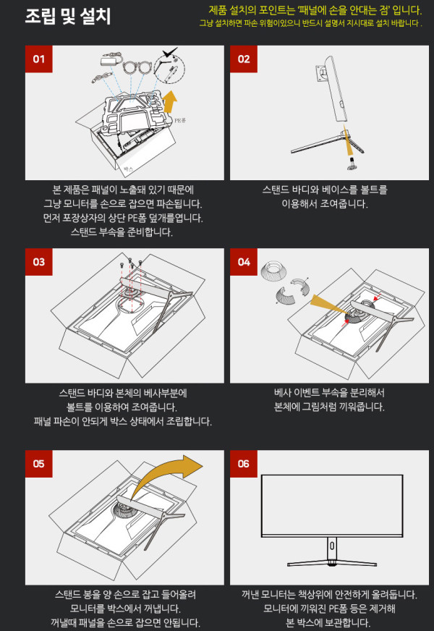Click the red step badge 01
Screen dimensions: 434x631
pyautogui.click(x=38, y=59)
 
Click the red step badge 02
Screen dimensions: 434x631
pyautogui.click(x=244, y=59)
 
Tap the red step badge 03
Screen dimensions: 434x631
pyautogui.click(x=38, y=262)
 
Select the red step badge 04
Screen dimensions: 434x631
pyautogui.click(x=244, y=262)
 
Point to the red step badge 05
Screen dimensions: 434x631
pyautogui.click(x=38, y=464)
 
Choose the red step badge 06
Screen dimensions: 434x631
pyautogui.click(x=244, y=464)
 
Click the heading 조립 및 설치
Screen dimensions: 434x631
pyautogui.click(x=67, y=16)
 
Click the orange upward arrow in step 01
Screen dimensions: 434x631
pyautogui.click(x=170, y=101)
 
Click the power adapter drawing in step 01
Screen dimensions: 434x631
pyautogui.click(x=109, y=59)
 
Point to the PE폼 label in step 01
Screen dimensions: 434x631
pyautogui.click(x=180, y=120)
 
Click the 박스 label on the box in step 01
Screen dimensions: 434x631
pyautogui.click(x=129, y=169)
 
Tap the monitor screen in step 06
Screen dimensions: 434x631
pyautogui.click(x=332, y=505)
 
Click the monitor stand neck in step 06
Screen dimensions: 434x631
pyautogui.click(x=332, y=547)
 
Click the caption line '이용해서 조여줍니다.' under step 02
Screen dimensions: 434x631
pyautogui.click(x=325, y=203)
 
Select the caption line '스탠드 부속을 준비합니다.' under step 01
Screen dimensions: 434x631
pyautogui.click(x=122, y=232)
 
